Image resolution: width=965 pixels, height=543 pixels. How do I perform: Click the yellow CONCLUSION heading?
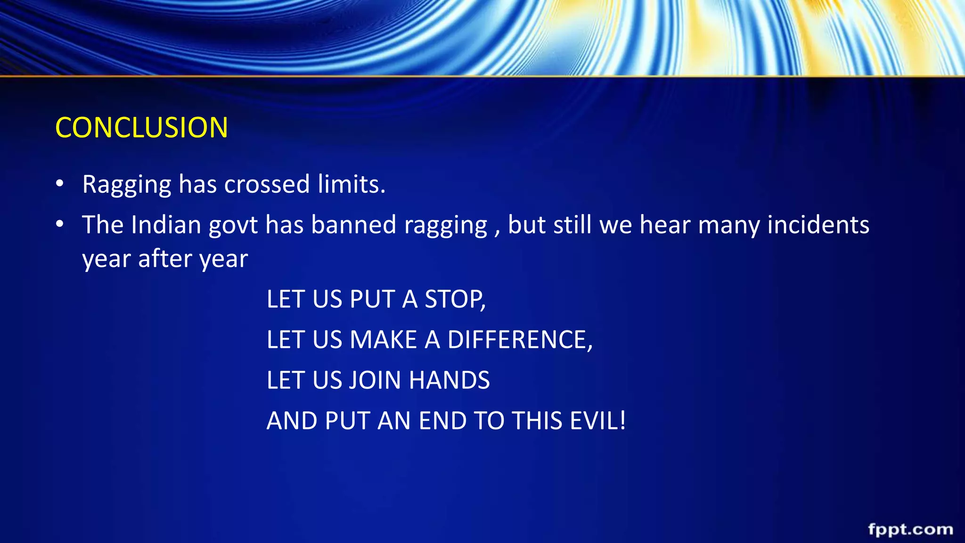141,128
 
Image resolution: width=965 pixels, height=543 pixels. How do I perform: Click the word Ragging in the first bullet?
126,184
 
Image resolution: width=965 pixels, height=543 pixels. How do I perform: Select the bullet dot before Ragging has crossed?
59,184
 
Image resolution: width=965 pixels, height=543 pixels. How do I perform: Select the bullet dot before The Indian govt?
59,224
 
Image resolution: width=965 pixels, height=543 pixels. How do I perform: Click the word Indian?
166,225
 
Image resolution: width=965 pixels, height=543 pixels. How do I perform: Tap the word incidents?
818,225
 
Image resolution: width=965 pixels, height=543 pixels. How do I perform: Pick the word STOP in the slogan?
453,299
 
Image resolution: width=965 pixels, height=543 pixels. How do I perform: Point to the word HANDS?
449,380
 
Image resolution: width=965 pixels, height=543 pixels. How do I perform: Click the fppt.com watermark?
910,530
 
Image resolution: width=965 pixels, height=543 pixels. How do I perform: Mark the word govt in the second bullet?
233,226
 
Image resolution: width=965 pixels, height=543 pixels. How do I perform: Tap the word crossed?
267,184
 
